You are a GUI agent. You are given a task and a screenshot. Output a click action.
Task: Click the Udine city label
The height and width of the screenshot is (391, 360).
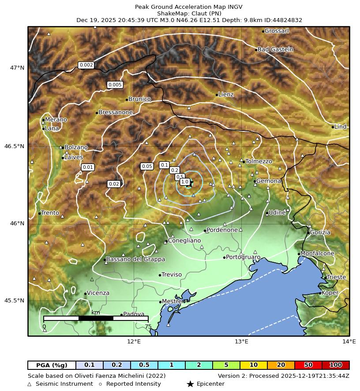pyautogui.click(x=277, y=213)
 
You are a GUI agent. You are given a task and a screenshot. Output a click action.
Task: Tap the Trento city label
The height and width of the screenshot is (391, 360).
pyautogui.click(x=50, y=213)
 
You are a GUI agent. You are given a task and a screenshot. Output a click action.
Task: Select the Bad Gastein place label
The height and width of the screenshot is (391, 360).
pyautogui.click(x=275, y=49)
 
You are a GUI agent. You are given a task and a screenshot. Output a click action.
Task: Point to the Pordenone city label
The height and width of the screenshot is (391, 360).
pyautogui.click(x=222, y=230)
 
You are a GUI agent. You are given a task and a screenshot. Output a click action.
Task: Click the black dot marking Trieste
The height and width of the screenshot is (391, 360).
pyautogui.click(x=325, y=278)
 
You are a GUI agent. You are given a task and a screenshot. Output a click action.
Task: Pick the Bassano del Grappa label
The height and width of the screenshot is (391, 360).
pyautogui.click(x=135, y=260)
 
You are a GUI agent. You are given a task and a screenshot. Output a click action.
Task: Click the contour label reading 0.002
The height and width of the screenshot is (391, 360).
pyautogui.click(x=86, y=65)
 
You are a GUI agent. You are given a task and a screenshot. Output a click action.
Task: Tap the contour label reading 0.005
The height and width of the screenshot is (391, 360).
pyautogui.click(x=115, y=85)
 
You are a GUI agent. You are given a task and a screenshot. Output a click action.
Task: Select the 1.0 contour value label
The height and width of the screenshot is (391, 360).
pyautogui.click(x=185, y=182)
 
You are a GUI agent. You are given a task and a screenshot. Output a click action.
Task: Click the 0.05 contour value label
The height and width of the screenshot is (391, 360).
pyautogui.click(x=146, y=166)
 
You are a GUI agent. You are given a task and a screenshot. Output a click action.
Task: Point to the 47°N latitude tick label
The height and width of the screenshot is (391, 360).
pyautogui.click(x=17, y=68)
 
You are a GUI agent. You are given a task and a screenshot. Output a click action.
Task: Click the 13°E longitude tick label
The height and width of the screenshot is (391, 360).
pyautogui.click(x=241, y=342)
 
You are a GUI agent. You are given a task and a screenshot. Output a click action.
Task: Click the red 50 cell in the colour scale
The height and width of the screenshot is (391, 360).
pyautogui.click(x=308, y=365)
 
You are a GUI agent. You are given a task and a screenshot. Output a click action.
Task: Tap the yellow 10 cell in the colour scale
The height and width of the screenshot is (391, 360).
pyautogui.click(x=254, y=365)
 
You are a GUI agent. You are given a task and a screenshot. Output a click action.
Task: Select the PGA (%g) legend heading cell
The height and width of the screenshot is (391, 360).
pyautogui.click(x=52, y=365)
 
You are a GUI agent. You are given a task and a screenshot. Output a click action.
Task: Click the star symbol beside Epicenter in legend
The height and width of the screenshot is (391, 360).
pyautogui.click(x=190, y=384)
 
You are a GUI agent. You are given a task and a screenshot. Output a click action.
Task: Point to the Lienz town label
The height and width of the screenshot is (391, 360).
pyautogui.click(x=226, y=94)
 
